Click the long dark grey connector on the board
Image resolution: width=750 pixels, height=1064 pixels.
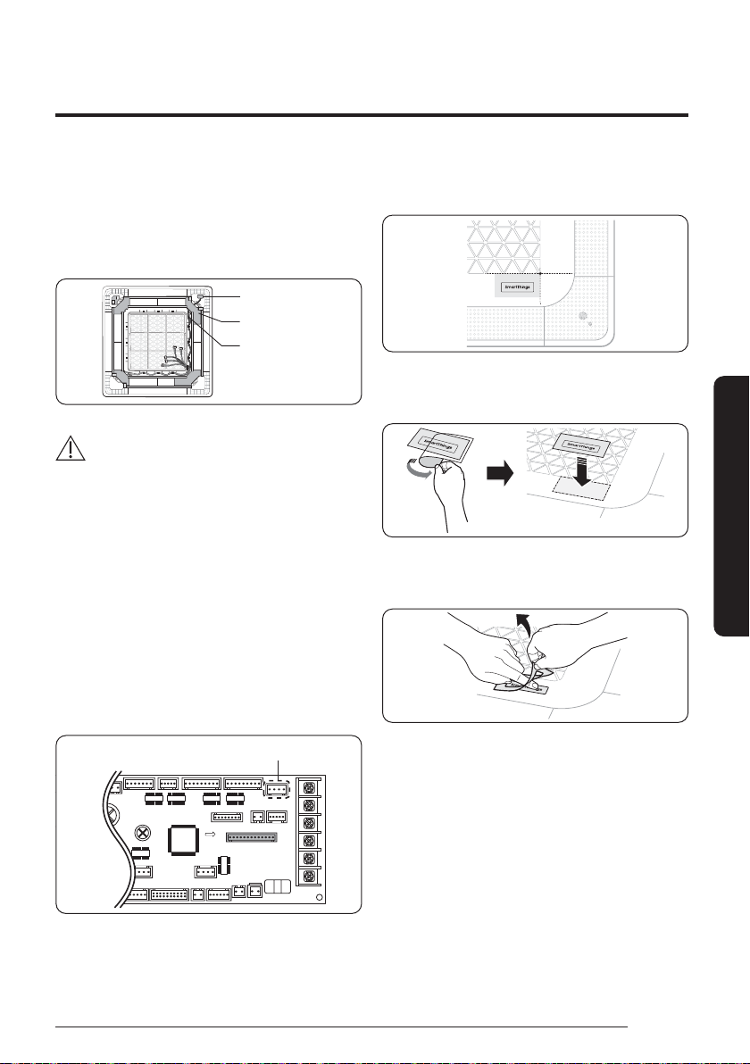[x=251, y=837]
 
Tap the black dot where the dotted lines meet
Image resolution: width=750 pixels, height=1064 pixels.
[x=541, y=272]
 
